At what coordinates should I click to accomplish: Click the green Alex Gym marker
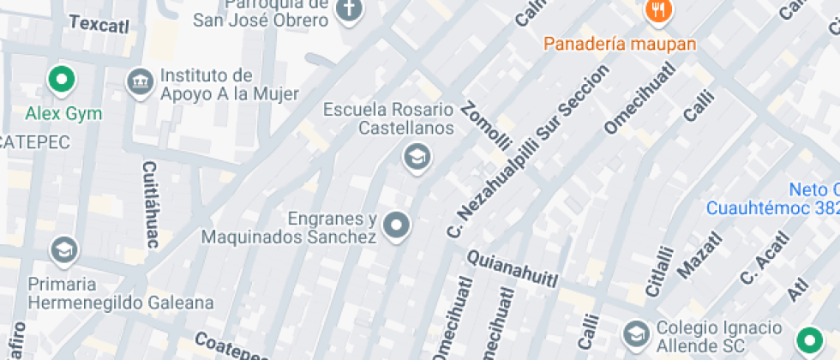[x=62, y=81]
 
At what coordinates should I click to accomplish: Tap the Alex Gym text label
[x=63, y=113]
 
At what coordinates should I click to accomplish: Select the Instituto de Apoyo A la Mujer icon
[x=138, y=83]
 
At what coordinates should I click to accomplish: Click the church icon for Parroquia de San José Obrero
[x=349, y=10]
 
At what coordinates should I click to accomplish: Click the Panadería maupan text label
[x=620, y=43]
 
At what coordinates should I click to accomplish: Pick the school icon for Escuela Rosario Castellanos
[x=417, y=157]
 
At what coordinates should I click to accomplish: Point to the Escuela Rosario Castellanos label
[x=388, y=119]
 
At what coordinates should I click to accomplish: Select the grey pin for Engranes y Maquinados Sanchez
[x=396, y=226]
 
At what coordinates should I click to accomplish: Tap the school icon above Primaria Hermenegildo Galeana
[x=63, y=250]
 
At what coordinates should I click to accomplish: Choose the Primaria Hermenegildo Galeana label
[x=121, y=293]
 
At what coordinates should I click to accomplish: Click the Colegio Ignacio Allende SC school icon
[x=636, y=333]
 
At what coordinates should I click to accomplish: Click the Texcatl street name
[x=99, y=24]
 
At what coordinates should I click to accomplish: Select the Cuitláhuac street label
[x=150, y=204]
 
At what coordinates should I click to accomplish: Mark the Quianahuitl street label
[x=513, y=269]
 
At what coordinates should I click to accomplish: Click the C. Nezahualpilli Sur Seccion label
[x=528, y=151]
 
